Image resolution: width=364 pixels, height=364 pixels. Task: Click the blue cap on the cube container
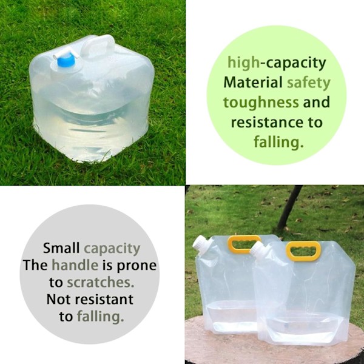click(66, 60)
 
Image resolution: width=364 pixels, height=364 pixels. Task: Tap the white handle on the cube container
click(98, 45)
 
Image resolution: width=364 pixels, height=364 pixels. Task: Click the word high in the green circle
click(243, 63)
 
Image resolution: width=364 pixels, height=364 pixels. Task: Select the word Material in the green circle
click(253, 82)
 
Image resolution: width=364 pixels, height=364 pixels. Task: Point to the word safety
click(309, 83)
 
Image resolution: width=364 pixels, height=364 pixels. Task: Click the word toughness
click(261, 103)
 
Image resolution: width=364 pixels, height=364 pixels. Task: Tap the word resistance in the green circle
click(267, 122)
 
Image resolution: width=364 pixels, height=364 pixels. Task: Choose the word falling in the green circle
click(278, 142)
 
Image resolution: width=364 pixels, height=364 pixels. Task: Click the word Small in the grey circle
click(61, 248)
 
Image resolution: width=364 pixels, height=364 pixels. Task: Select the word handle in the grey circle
click(75, 265)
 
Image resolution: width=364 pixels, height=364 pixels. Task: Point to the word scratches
click(101, 282)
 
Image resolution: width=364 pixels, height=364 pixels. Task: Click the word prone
click(136, 266)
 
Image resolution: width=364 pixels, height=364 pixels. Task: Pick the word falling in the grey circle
click(101, 317)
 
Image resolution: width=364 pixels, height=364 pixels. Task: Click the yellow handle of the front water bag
click(303, 251)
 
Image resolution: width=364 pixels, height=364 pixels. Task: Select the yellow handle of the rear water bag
click(244, 243)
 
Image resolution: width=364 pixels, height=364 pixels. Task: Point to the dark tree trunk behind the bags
click(289, 207)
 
